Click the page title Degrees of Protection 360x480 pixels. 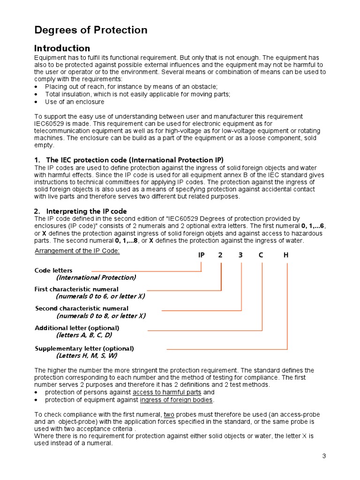(x=91, y=30)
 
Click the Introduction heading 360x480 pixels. (x=62, y=48)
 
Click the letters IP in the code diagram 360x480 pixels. (x=202, y=255)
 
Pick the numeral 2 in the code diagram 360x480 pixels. (x=221, y=255)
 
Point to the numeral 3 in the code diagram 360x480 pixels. (x=241, y=255)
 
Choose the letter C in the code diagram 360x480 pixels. (x=262, y=255)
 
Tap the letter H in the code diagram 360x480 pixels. (x=286, y=255)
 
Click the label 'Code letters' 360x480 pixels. (x=53, y=270)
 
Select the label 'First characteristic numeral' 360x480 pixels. (x=76, y=289)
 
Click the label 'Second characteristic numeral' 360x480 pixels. (x=82, y=308)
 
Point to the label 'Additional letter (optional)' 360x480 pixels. (x=77, y=328)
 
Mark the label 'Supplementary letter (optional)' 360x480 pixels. (x=84, y=348)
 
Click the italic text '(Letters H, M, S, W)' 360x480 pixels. (x=86, y=356)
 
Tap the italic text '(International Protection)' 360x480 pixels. (x=96, y=277)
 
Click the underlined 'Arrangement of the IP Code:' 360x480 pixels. (x=77, y=251)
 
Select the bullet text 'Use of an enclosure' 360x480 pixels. (x=75, y=102)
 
